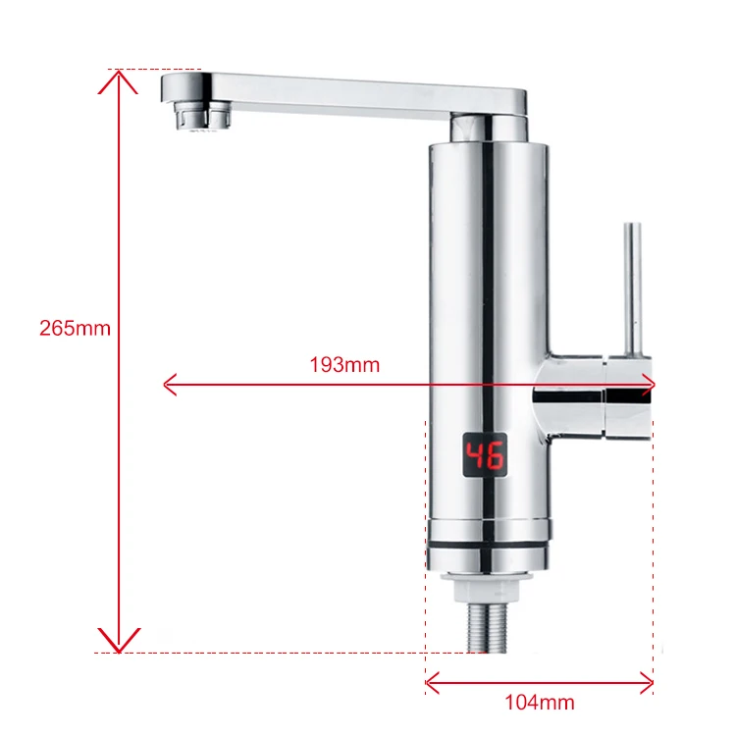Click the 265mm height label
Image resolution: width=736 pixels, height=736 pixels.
75,329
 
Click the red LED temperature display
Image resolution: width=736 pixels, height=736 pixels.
485,456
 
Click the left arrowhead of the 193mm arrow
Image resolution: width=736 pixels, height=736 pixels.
170,384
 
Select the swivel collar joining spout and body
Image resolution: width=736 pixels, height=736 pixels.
489,129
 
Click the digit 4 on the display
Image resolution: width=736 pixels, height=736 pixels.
475,456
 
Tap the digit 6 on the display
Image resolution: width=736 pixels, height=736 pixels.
495,456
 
